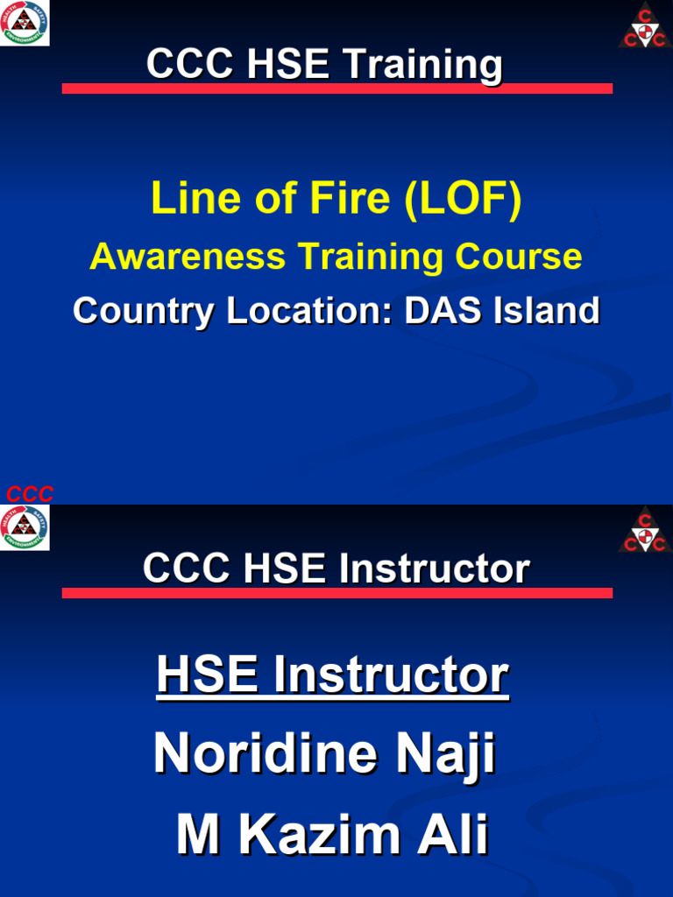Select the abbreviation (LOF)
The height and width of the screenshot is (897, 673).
pyautogui.click(x=463, y=198)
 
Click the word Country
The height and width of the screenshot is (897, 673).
pyautogui.click(x=143, y=311)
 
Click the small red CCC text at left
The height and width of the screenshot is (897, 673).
pyautogui.click(x=30, y=494)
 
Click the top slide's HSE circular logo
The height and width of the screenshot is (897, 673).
pyautogui.click(x=25, y=23)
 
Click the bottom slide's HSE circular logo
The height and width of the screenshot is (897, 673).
pyautogui.click(x=25, y=528)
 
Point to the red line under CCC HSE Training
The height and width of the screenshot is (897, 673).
pyautogui.click(x=336, y=88)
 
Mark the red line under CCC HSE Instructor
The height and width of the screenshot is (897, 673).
pyautogui.click(x=336, y=593)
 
